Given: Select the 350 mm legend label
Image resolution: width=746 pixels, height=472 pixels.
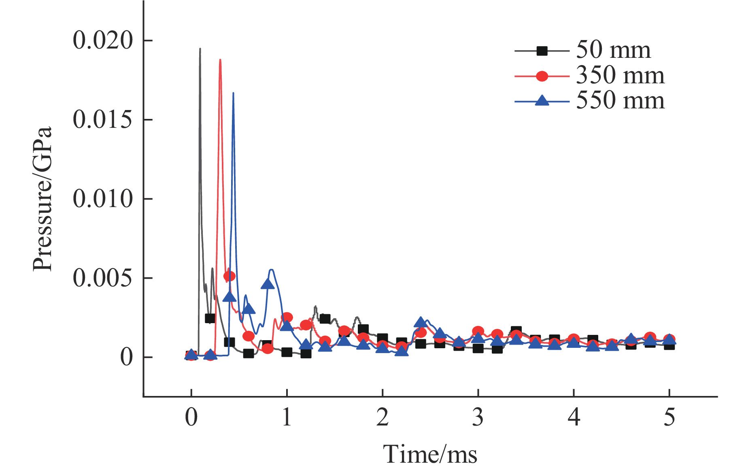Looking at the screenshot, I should coord(620,76).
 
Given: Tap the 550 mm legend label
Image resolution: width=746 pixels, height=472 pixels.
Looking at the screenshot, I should coord(620,101).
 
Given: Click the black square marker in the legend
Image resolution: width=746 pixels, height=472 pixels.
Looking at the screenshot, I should coord(542,51).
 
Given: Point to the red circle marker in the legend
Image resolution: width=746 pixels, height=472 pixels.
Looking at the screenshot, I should coord(542,76).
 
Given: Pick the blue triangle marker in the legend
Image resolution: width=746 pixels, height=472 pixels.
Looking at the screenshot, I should coord(542,101).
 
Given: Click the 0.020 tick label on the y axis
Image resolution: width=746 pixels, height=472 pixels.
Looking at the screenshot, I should coord(103,40).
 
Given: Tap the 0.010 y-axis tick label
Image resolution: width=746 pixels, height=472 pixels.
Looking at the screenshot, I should coord(103,199).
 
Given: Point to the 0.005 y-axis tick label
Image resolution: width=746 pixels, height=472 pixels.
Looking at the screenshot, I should coord(103,278).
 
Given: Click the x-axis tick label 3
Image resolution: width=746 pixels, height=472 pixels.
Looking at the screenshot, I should coord(478,417).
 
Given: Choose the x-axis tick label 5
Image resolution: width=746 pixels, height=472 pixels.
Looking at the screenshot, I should coord(669,417).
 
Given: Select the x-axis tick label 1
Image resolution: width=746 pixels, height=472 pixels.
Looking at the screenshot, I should coord(287,417).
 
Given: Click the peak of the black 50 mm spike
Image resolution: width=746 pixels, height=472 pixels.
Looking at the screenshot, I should coord(200,49).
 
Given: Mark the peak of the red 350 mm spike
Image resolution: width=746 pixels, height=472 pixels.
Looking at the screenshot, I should coord(220,60).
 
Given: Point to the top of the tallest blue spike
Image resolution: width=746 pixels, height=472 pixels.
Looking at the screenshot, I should coord(233,93).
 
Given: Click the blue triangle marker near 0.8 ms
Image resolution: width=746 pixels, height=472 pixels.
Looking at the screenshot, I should coord(268,284).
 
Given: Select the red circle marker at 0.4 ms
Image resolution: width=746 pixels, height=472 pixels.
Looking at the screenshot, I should coord(230,276).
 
